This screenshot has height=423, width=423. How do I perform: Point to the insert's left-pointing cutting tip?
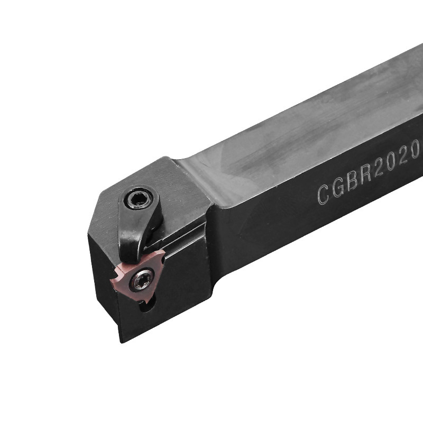click(x=112, y=277)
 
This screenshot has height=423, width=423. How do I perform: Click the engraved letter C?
click(x=324, y=194)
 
